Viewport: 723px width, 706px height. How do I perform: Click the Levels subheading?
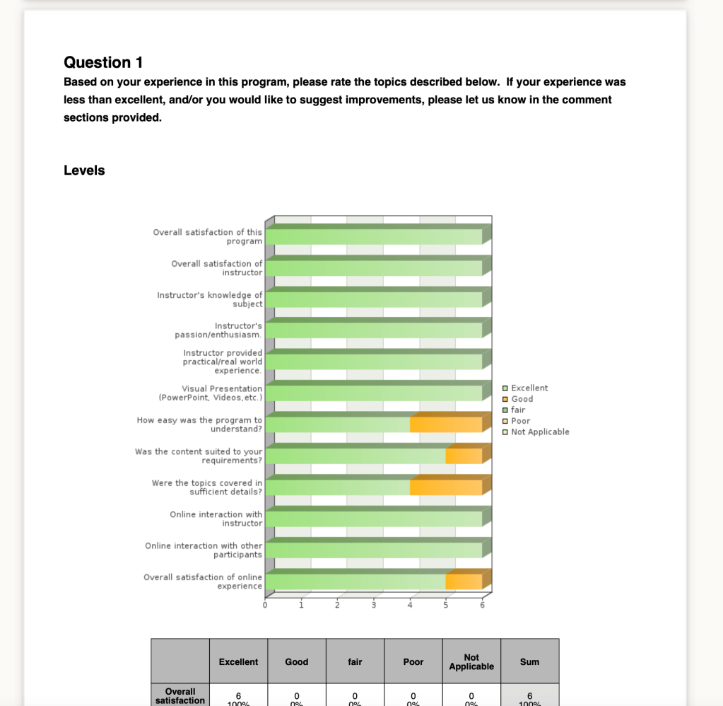[84, 170]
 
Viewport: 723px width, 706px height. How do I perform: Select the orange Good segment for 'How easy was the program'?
[446, 424]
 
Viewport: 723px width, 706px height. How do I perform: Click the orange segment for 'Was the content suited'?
[464, 456]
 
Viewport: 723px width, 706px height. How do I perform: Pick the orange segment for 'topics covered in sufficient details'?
[446, 487]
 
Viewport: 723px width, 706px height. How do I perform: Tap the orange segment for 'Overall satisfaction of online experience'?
[464, 581]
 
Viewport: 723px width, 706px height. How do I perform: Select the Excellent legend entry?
[529, 388]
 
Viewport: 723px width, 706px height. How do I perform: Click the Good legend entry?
[522, 399]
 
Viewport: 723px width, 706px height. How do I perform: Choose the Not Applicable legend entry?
[539, 432]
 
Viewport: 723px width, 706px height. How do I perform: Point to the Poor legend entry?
[520, 421]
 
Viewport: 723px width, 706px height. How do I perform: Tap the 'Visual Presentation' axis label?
[221, 393]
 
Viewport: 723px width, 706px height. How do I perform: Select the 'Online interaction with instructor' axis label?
[216, 519]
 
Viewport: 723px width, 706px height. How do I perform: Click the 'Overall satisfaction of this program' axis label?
[207, 236]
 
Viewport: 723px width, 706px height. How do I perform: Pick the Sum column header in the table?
[529, 661]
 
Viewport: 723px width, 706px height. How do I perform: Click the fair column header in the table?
[355, 661]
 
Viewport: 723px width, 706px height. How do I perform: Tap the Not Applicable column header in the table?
[471, 661]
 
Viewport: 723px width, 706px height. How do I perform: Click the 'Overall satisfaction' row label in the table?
[180, 695]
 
